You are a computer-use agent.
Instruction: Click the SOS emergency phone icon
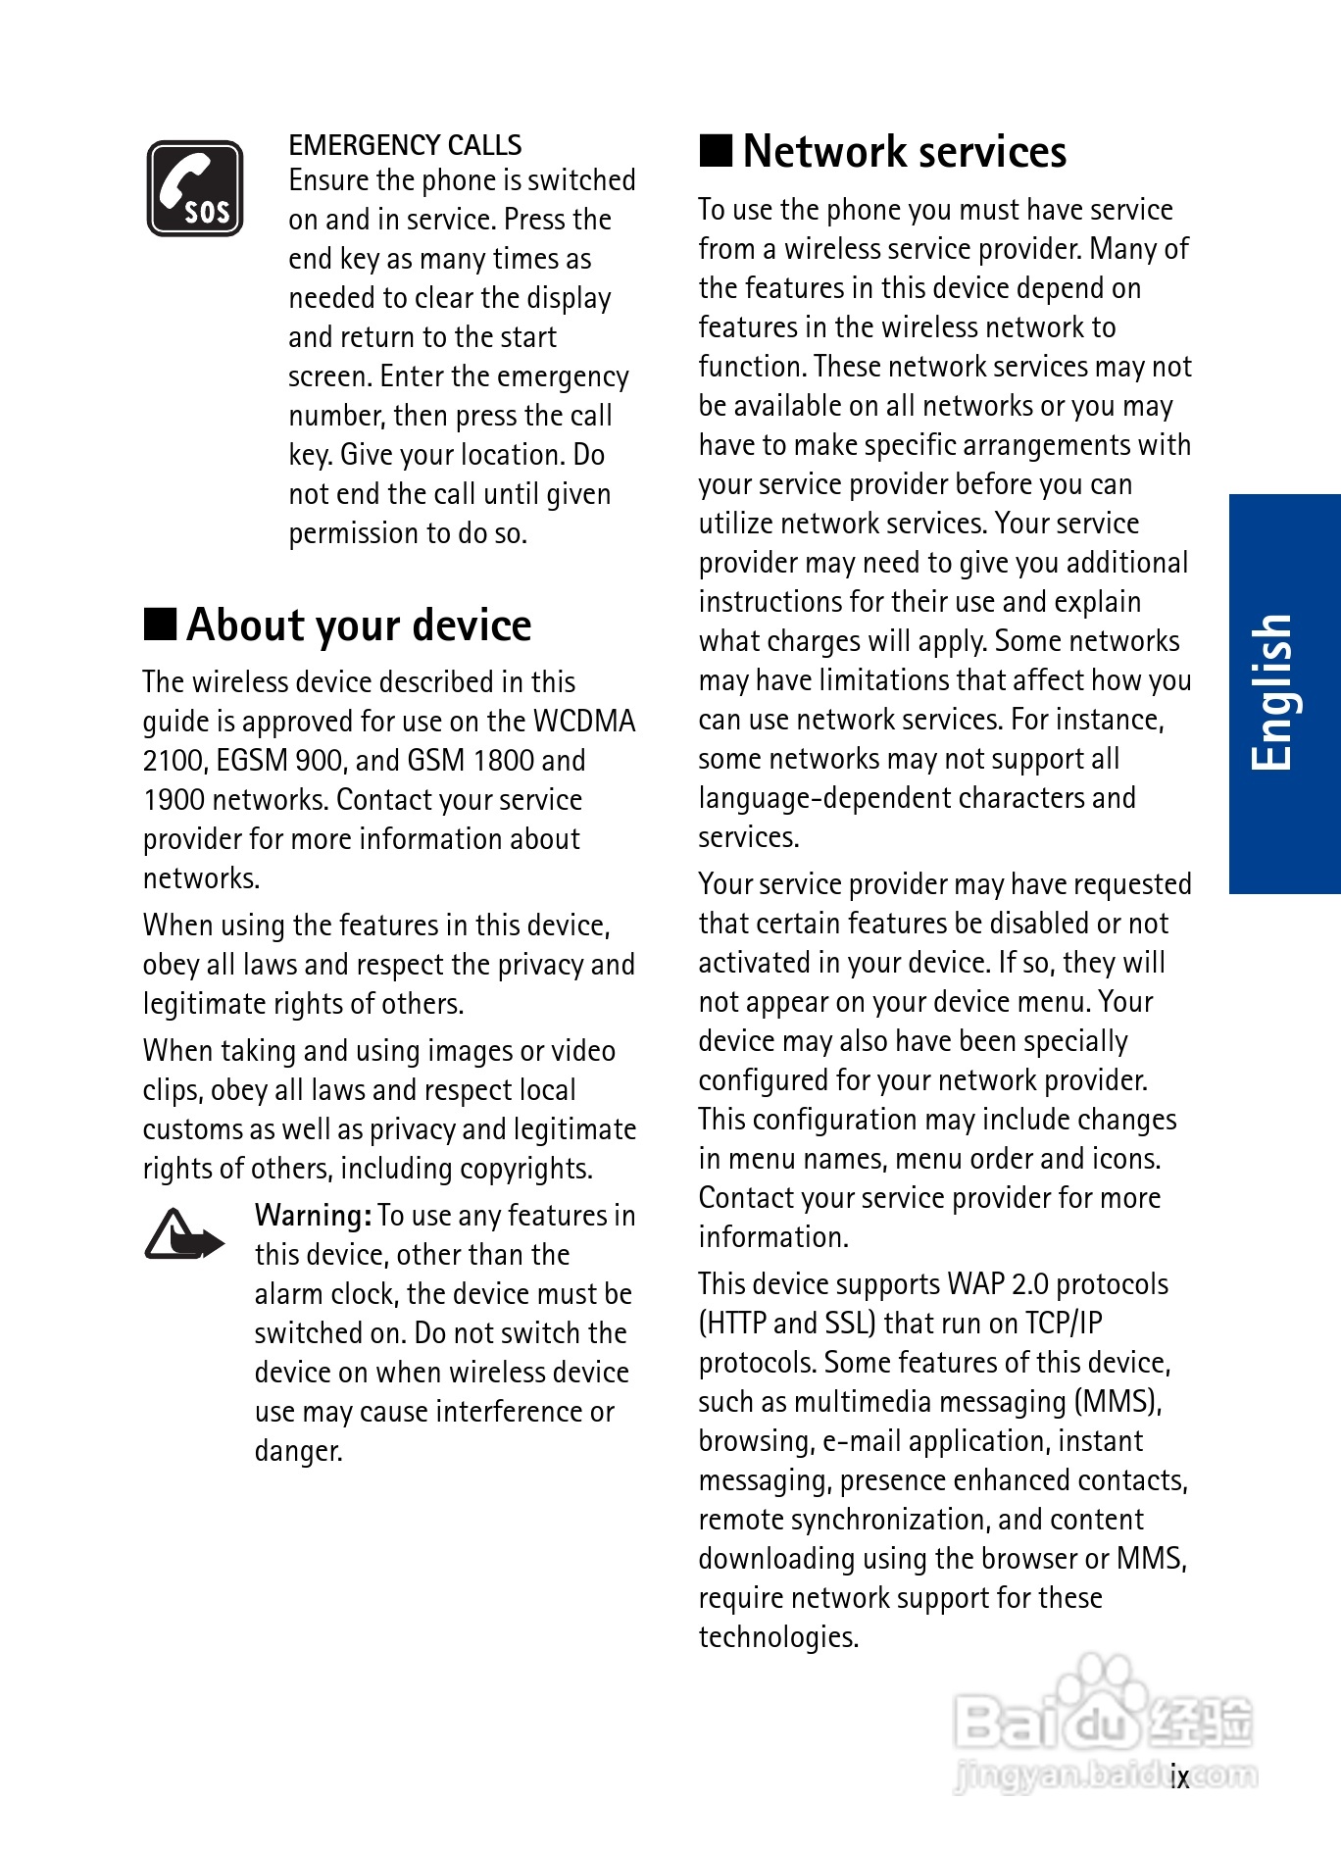pyautogui.click(x=195, y=188)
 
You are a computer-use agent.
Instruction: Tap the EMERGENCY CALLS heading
pyautogui.click(x=405, y=145)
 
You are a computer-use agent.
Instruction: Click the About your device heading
pyautogui.click(x=359, y=625)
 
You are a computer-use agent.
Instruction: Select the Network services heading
pyautogui.click(x=904, y=152)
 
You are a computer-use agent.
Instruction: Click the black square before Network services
pyautogui.click(x=716, y=150)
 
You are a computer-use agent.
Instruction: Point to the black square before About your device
pyautogui.click(x=160, y=624)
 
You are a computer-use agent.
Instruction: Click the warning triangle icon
pyautogui.click(x=182, y=1234)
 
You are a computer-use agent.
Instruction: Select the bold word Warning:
pyautogui.click(x=313, y=1216)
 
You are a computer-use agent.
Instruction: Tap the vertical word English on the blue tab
pyautogui.click(x=1273, y=692)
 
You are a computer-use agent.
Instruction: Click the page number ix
pyautogui.click(x=1179, y=1776)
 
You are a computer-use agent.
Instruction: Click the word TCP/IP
pyautogui.click(x=1064, y=1324)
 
